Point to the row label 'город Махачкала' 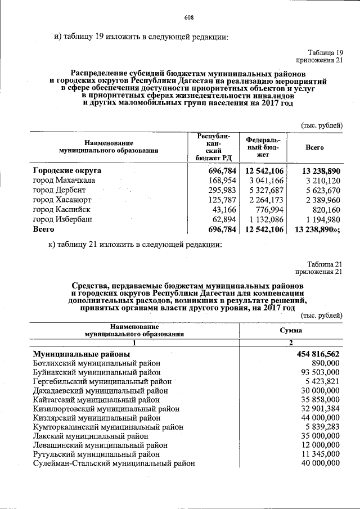(64, 180)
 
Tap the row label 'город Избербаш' (62, 219)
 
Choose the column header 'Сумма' (291, 330)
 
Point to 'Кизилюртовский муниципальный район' (106, 409)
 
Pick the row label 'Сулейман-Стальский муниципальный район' (114, 463)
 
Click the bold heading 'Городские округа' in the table (67, 170)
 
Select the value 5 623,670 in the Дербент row (321, 190)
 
